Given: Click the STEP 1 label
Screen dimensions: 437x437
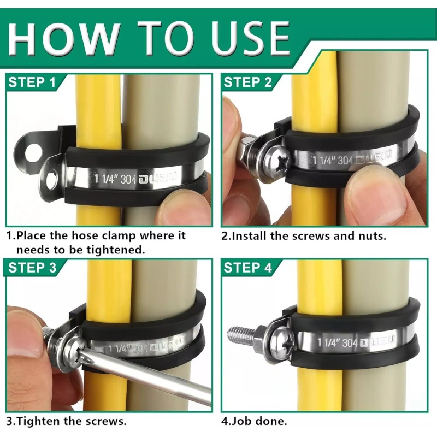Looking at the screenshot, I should tap(32, 83).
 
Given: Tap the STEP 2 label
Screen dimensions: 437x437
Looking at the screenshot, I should tap(247, 83).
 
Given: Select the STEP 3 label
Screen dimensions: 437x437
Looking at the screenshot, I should tap(32, 268).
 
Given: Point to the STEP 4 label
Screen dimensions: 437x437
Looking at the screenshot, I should tap(247, 268).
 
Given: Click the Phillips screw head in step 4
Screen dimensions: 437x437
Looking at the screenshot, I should tap(282, 343).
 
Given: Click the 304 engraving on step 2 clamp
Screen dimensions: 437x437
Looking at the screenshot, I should tap(345, 161).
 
